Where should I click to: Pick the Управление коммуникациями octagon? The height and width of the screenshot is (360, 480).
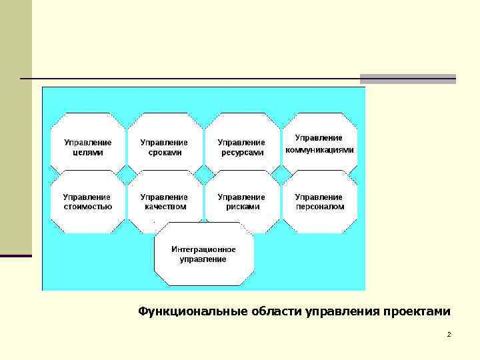click(320, 143)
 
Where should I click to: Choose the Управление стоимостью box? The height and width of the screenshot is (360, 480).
click(88, 201)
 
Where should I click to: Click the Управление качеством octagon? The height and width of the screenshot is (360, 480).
click(165, 201)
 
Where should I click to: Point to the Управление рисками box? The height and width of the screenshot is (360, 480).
click(242, 201)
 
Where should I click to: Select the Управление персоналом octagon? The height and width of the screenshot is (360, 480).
click(320, 201)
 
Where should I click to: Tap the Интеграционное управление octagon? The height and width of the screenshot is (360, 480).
click(203, 254)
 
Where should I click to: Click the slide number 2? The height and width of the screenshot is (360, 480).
click(449, 334)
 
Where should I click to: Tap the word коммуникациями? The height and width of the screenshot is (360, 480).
click(320, 150)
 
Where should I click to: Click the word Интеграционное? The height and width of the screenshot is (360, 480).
click(203, 249)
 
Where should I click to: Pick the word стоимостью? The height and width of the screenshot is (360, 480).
click(88, 207)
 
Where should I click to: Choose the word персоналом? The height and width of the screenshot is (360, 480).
click(320, 207)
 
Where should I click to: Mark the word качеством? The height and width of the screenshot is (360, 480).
click(165, 207)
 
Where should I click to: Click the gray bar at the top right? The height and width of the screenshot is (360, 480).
click(407, 79)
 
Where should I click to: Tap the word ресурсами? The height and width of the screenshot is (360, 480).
click(242, 152)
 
